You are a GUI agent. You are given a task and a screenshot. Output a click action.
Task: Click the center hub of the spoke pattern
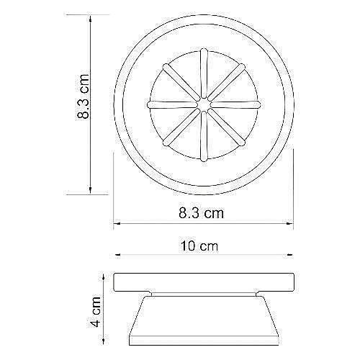click(204, 105)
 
